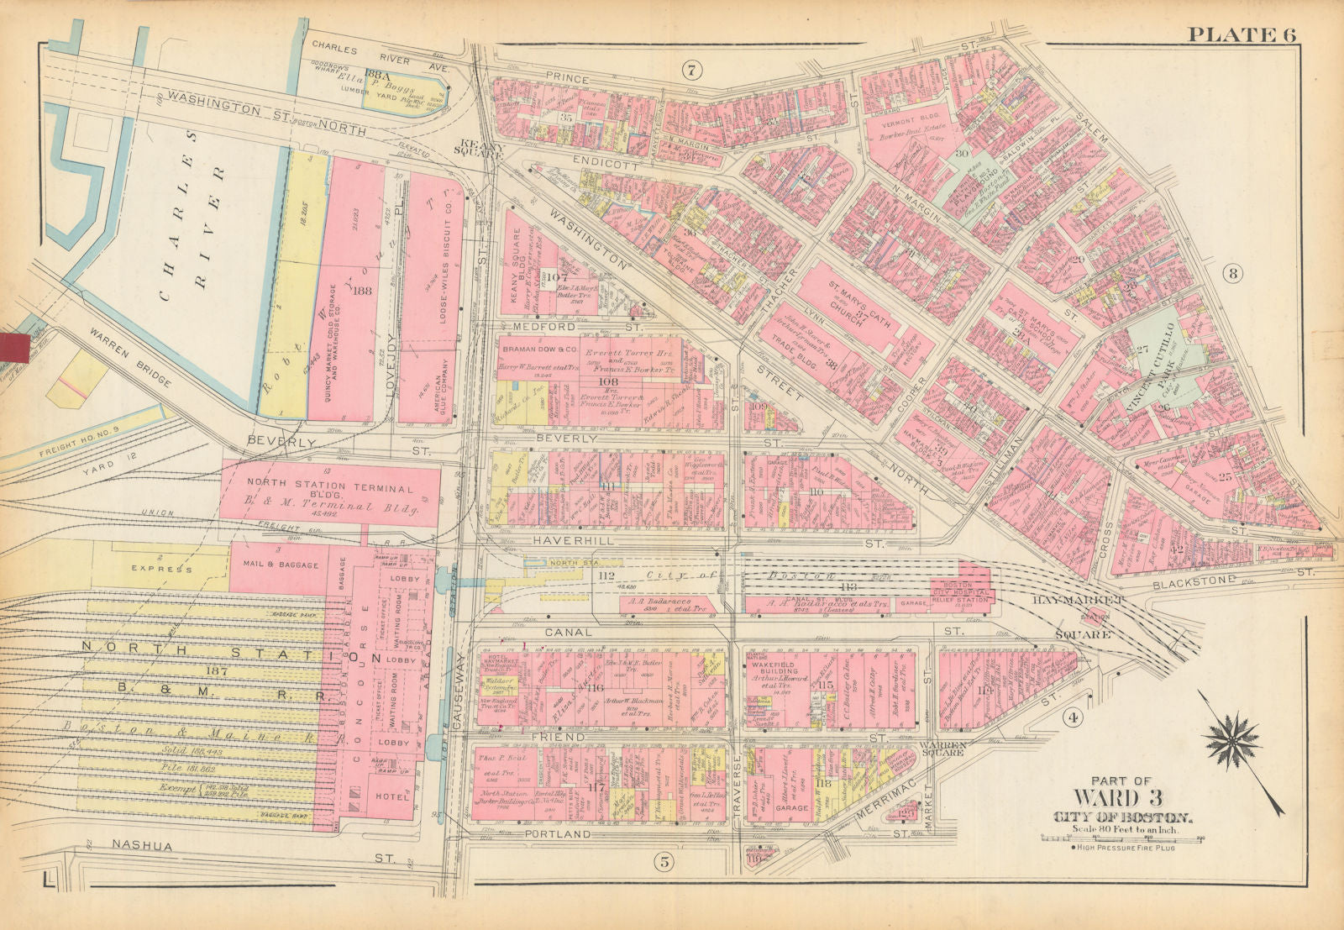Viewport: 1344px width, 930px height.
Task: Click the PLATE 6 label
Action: [1242, 34]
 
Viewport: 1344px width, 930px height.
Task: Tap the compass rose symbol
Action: [1231, 740]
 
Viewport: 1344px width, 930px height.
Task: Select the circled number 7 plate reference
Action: [693, 69]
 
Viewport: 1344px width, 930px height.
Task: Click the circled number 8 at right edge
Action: [1232, 272]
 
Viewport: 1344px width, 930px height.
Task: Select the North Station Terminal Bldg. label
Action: [329, 489]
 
